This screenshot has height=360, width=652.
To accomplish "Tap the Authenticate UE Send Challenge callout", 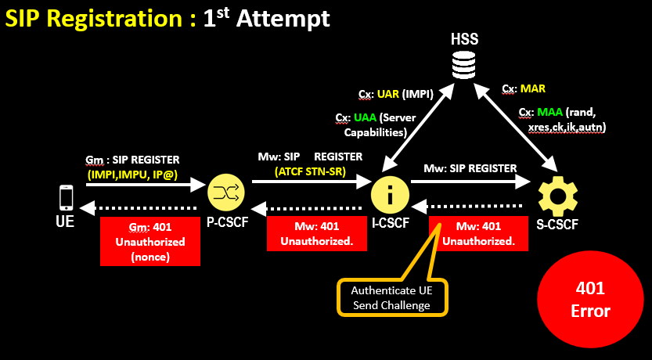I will coord(391,297).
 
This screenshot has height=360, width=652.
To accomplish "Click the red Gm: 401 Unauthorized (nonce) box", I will coord(150,242).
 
